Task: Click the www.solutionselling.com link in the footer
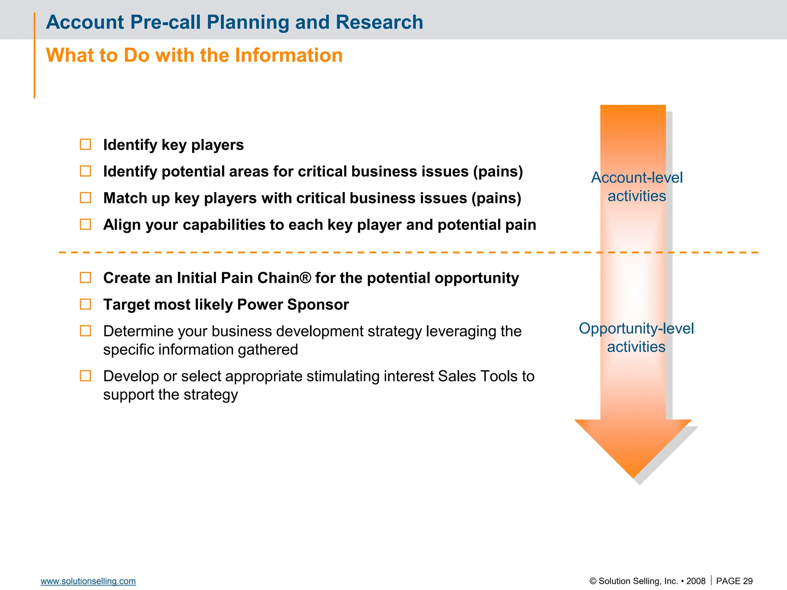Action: tap(88, 581)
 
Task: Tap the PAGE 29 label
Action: tap(734, 581)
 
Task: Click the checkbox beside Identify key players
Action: tap(85, 144)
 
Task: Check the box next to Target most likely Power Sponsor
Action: tap(85, 304)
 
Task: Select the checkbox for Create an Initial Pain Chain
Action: tap(85, 277)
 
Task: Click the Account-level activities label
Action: tap(637, 187)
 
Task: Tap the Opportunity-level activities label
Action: tap(636, 337)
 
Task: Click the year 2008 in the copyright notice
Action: tap(696, 581)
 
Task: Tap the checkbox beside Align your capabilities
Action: tap(85, 224)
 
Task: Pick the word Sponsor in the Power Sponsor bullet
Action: tap(318, 305)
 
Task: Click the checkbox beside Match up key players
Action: tap(85, 198)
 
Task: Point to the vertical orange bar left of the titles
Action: tap(35, 56)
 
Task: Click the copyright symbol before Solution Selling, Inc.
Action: tap(593, 581)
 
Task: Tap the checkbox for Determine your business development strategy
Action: tap(85, 331)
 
